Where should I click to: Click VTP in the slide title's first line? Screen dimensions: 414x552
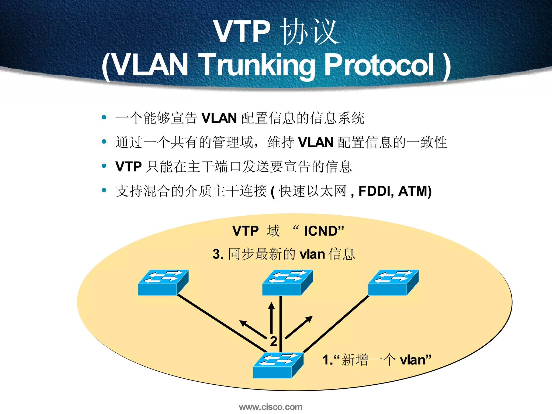(242, 32)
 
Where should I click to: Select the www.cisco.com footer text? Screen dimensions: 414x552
(271, 407)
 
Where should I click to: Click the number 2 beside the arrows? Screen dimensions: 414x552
(274, 341)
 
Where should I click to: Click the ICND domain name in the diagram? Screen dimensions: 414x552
(321, 231)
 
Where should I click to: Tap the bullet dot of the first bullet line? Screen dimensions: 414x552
(104, 117)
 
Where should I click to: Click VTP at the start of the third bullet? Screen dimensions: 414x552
(129, 167)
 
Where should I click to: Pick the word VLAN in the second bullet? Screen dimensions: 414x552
(316, 142)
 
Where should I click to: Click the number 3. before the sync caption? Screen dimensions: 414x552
(218, 254)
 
